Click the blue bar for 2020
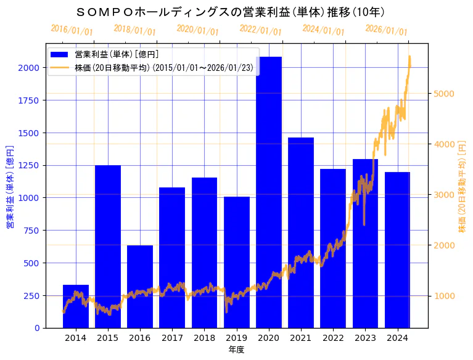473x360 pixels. coord(269,192)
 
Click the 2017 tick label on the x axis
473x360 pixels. coord(172,338)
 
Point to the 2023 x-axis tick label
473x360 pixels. coord(365,338)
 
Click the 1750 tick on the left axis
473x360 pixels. coord(29,100)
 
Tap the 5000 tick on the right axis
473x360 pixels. coord(444,94)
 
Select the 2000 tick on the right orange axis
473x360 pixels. coord(444,245)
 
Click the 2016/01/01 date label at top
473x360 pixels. coord(72,30)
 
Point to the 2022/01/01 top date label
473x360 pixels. coord(260,30)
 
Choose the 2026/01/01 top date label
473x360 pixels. coord(386,30)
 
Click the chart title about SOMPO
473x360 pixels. coord(231,12)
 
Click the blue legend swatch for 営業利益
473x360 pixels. coord(60,55)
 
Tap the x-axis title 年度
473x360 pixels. coord(236,350)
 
